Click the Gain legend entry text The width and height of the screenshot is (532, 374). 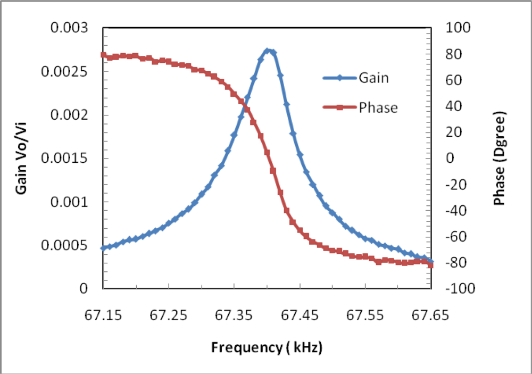pos(373,78)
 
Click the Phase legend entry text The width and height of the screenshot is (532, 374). pos(378,107)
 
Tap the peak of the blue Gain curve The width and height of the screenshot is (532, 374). pos(268,51)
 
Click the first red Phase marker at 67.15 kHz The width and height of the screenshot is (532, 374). pos(103,55)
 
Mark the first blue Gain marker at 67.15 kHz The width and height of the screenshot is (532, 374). pos(103,248)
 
